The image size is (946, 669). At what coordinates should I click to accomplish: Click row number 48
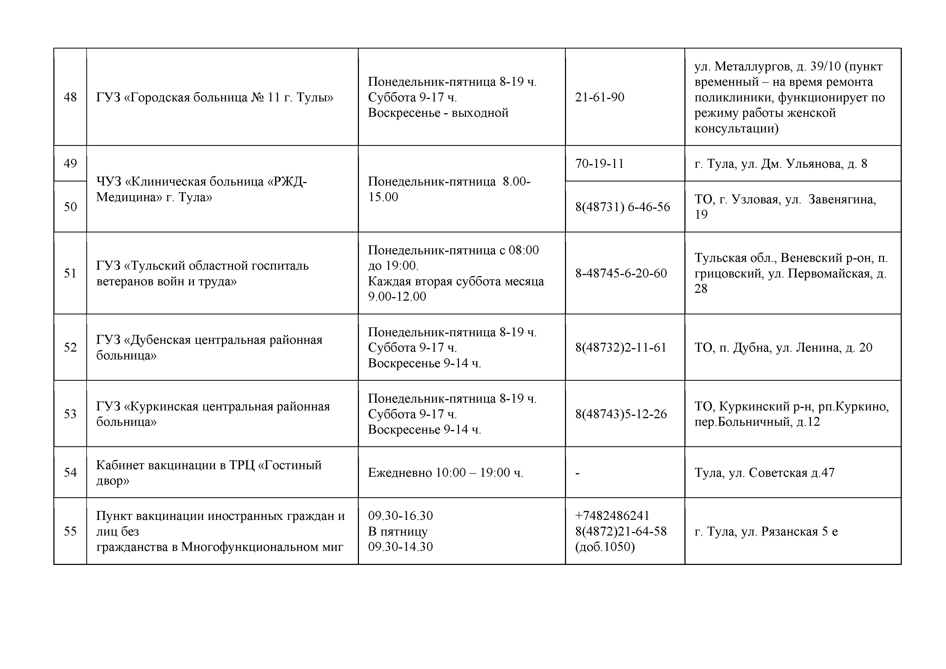(70, 97)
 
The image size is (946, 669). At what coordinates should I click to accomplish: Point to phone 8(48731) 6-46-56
(623, 207)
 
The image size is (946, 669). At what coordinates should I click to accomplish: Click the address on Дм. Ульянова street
(781, 164)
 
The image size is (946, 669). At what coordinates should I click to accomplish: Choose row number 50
(70, 207)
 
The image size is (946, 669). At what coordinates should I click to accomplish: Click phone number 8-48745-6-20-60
(621, 273)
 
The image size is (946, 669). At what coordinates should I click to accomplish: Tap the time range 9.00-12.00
(397, 297)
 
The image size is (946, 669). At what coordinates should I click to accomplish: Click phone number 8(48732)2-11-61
(621, 348)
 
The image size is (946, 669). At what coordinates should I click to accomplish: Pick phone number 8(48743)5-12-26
(621, 414)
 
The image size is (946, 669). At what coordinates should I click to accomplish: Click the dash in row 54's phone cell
(578, 473)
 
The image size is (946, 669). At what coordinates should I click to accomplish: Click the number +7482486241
(612, 516)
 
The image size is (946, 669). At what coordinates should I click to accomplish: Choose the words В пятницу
(397, 531)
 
